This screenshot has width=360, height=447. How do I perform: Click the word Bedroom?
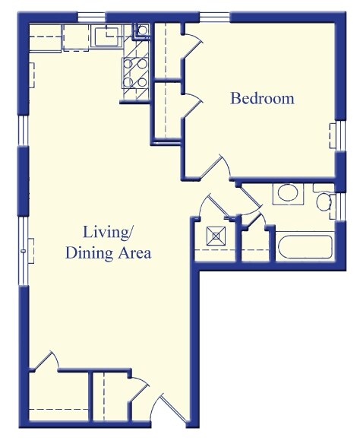(262, 99)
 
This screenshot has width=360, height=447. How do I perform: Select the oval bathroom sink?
(288, 192)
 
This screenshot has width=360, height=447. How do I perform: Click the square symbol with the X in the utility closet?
(216, 236)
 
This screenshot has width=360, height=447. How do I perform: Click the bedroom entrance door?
(220, 168)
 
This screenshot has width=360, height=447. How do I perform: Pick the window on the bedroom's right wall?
(333, 136)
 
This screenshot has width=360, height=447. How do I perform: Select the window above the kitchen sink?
(92, 16)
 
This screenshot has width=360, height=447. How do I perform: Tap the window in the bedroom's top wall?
(215, 16)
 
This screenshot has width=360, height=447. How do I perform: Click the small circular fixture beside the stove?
(142, 31)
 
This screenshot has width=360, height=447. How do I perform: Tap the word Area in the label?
(134, 253)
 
